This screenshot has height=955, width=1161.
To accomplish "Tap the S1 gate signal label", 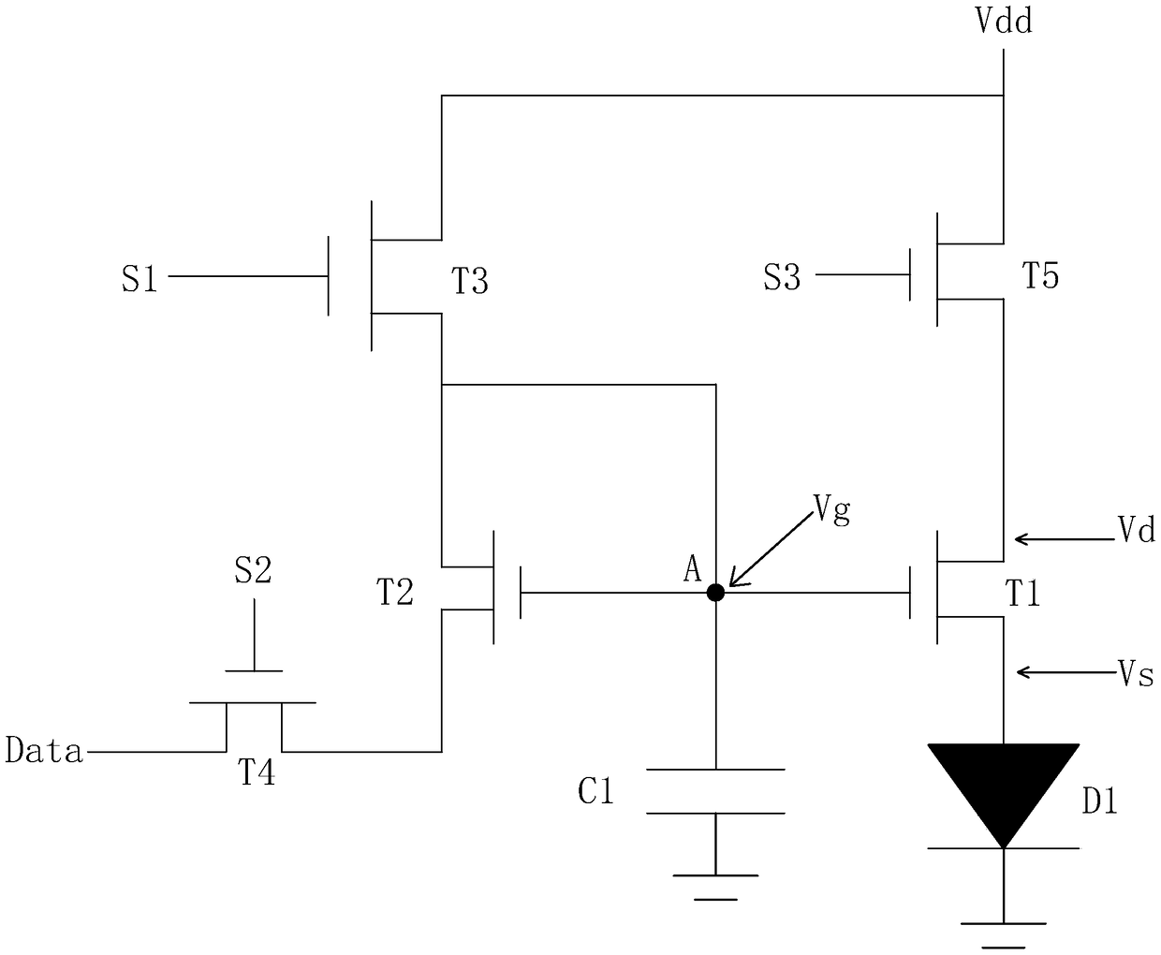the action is (x=140, y=278).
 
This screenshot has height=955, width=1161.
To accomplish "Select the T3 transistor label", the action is (x=470, y=281).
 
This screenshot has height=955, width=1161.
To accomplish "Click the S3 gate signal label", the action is (x=782, y=277).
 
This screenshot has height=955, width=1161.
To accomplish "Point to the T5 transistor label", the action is (x=1040, y=275).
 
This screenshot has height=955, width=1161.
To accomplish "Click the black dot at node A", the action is (x=715, y=593).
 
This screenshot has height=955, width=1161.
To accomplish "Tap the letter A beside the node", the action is (x=693, y=569).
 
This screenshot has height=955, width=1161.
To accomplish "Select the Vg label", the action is (x=832, y=510).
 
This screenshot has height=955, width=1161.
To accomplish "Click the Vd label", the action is (x=1137, y=531).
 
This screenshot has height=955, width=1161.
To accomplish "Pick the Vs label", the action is (x=1135, y=674).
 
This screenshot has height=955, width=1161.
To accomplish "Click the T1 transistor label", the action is (x=1022, y=595).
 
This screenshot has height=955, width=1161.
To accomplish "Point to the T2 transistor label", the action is (x=395, y=593).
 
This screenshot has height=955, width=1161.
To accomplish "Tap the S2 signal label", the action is (x=253, y=570).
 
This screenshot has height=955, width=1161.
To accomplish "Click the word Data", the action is (x=44, y=750).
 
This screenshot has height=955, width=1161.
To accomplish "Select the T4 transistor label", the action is (x=257, y=771).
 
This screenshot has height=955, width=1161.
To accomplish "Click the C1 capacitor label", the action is (x=595, y=792).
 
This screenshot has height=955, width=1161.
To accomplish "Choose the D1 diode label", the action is (x=1100, y=802).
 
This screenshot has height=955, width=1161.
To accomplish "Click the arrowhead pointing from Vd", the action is (x=1021, y=539).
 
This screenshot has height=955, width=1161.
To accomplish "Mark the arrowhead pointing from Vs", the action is (x=1024, y=672).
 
